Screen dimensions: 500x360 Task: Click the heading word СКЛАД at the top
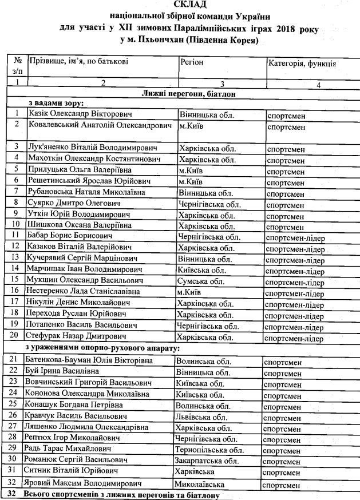pyautogui.click(x=180, y=5)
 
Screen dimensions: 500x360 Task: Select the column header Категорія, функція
pyautogui.click(x=302, y=64)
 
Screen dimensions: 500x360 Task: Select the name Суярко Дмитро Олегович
pyautogui.click(x=67, y=203)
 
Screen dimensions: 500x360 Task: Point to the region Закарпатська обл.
pyautogui.click(x=208, y=461)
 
